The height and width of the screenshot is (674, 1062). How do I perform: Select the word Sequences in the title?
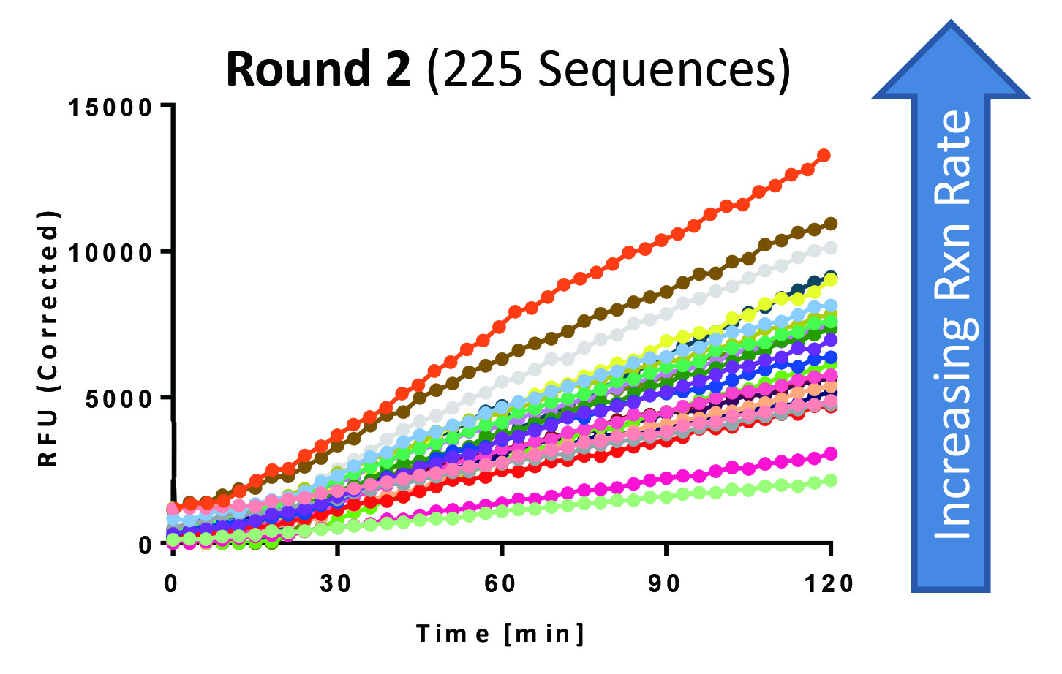[664, 71]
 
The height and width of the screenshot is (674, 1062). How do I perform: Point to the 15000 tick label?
[110, 107]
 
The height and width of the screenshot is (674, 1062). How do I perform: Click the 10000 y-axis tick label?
[110, 253]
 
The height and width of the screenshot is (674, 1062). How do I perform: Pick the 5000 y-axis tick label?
[120, 399]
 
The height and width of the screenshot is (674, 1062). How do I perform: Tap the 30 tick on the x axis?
[336, 584]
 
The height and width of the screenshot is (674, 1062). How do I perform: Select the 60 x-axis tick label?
[500, 584]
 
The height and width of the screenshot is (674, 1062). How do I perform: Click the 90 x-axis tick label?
[665, 584]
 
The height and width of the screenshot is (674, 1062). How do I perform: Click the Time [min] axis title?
[501, 633]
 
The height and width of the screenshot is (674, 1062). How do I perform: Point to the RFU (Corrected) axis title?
[48, 338]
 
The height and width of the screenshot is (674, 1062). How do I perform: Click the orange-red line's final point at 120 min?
[824, 155]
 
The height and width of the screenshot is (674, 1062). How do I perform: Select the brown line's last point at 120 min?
[831, 224]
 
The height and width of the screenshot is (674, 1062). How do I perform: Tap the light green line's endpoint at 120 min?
[831, 480]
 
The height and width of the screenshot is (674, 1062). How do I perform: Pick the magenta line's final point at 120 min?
[831, 454]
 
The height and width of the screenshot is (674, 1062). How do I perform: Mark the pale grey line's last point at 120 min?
[831, 248]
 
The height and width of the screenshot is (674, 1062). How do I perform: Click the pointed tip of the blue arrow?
[951, 23]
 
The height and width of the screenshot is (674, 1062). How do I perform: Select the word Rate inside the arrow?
[952, 149]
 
